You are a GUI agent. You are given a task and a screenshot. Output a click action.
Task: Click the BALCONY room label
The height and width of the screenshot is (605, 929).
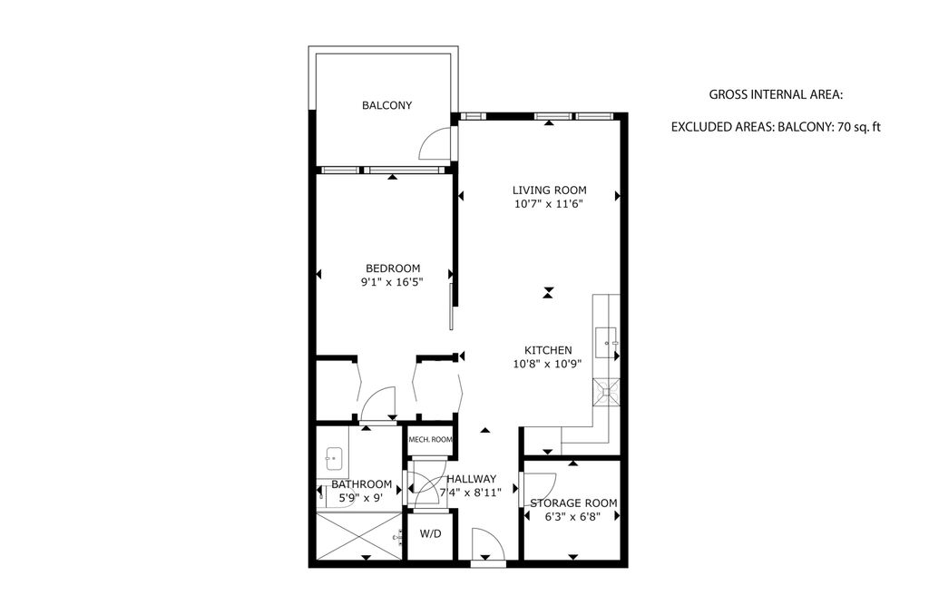click(386, 105)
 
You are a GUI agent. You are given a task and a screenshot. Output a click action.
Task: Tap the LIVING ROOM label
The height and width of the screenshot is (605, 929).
click(549, 190)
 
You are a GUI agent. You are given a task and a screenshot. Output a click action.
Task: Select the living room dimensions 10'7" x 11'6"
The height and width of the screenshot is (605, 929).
click(549, 205)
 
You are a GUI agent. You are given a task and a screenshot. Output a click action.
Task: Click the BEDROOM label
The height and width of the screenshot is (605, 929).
click(393, 268)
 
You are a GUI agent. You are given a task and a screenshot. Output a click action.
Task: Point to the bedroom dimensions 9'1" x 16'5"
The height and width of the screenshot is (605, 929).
click(393, 283)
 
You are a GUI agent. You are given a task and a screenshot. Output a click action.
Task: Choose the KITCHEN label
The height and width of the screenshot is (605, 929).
click(548, 350)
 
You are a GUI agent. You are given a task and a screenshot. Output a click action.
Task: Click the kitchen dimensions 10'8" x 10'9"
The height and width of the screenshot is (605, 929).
click(548, 365)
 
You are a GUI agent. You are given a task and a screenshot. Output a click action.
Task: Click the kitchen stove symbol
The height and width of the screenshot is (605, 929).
click(607, 392)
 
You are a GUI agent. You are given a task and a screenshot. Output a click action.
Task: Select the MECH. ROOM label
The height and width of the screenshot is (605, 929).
click(430, 441)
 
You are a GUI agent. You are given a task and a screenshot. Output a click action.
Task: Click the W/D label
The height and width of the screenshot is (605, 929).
click(430, 534)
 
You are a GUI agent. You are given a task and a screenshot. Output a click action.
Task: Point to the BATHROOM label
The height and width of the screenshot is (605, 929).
click(361, 484)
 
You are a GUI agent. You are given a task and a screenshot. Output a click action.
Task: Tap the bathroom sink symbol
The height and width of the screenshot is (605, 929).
click(334, 460)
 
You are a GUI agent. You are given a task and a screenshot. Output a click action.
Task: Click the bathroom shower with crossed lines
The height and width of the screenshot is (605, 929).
click(357, 537)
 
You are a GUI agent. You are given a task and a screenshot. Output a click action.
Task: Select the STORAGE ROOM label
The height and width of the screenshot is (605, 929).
click(573, 503)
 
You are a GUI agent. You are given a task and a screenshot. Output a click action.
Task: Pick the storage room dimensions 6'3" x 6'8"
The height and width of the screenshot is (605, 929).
click(573, 518)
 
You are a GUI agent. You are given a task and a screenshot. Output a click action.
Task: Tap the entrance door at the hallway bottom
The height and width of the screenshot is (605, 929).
click(487, 548)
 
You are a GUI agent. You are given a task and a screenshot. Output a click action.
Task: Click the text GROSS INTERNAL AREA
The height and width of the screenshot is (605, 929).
click(776, 94)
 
